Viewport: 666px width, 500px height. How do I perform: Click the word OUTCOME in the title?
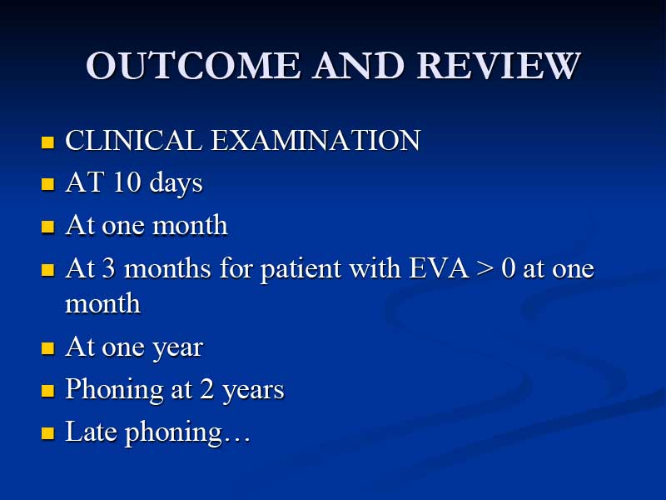click(193, 66)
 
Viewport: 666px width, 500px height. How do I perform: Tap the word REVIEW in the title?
click(499, 66)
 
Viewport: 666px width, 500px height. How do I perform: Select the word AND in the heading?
click(359, 66)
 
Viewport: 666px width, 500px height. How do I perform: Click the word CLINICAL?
click(133, 140)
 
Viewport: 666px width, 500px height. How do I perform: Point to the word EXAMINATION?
click(316, 140)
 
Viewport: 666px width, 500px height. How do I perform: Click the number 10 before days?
click(127, 182)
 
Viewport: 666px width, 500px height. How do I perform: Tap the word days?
click(176, 183)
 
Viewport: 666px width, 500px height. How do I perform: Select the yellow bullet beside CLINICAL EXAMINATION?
click(48, 142)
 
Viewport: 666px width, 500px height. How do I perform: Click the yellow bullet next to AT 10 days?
click(48, 184)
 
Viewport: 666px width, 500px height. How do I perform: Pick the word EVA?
click(439, 268)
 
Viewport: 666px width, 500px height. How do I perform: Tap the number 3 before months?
click(108, 268)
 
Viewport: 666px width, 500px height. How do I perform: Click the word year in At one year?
click(177, 348)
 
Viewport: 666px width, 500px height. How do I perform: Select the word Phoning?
click(114, 390)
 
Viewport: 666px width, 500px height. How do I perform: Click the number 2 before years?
click(206, 388)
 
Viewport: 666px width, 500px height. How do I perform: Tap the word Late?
click(91, 431)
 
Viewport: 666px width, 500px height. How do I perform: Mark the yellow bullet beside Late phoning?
click(48, 432)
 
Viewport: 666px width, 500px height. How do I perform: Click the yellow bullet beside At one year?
click(48, 348)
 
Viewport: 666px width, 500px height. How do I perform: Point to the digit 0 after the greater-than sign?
click(508, 268)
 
